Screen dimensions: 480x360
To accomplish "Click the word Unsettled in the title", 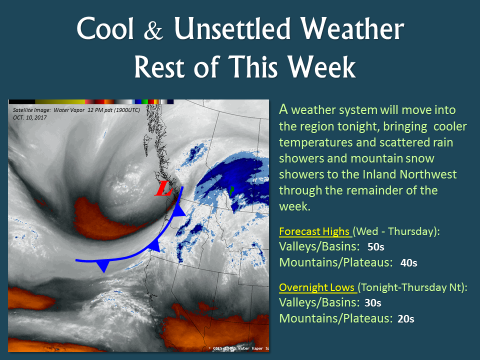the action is (232, 29).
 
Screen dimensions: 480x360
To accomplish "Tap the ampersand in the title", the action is (153, 31).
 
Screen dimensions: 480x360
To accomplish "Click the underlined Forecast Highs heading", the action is (314, 231).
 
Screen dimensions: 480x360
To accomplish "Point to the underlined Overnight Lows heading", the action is (317, 287).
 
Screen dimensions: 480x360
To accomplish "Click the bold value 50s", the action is (376, 246).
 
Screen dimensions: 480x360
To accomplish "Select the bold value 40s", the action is (408, 262).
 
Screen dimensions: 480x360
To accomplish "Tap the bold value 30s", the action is (373, 303).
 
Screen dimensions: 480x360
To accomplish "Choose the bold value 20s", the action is (406, 319).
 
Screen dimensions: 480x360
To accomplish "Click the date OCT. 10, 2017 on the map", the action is (29, 117).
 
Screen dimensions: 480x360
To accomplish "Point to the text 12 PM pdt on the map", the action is (100, 110).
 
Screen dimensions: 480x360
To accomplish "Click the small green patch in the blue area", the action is (231, 190).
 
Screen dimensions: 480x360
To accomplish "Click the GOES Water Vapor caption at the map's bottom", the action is (238, 348).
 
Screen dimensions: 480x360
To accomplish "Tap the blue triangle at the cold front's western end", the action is (104, 265).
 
